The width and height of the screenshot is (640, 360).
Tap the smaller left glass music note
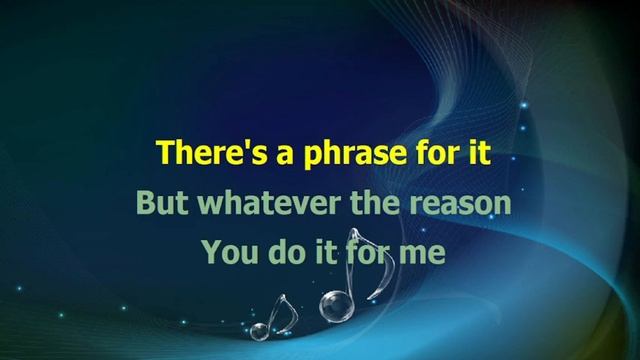pos(277,315)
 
